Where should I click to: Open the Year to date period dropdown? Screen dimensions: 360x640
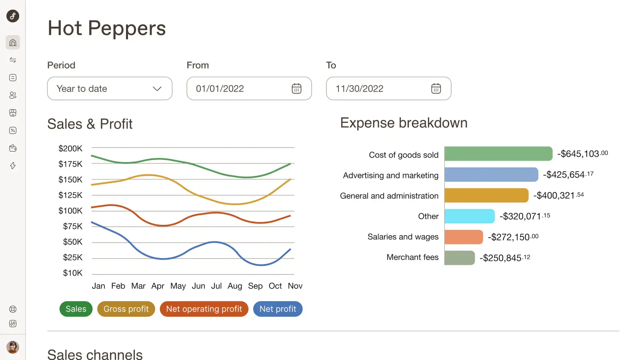tap(110, 88)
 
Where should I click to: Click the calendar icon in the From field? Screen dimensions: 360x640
tap(296, 88)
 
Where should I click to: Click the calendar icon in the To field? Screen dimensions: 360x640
tap(436, 88)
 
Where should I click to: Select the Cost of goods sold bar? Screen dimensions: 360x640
tap(498, 154)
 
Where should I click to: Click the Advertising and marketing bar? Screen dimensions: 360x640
tap(491, 175)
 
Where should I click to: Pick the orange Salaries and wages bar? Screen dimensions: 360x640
tap(464, 237)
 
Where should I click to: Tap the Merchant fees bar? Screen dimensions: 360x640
tap(460, 258)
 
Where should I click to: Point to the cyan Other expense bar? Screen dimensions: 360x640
tap(470, 216)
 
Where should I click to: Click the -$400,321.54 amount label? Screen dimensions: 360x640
tap(558, 196)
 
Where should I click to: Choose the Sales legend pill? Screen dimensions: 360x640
tap(76, 309)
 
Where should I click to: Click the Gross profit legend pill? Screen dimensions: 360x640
tap(126, 309)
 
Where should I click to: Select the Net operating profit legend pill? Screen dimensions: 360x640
tap(204, 309)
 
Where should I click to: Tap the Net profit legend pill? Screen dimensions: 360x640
tap(278, 309)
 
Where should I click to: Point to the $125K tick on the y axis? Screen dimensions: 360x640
tap(70, 195)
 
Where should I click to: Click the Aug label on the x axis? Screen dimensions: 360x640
tap(235, 286)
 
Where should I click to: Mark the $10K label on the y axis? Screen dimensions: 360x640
tap(72, 273)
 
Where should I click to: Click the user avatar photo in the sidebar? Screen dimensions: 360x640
tap(13, 347)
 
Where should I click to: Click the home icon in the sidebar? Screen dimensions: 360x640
tap(13, 42)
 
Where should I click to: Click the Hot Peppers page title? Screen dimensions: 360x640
tap(107, 28)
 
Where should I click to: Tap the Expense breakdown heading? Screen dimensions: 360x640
tap(404, 123)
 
